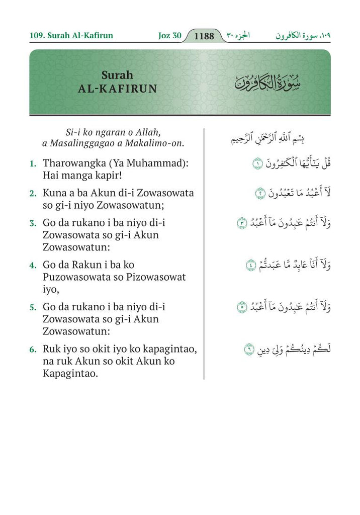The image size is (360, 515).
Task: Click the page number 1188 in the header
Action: (x=204, y=36)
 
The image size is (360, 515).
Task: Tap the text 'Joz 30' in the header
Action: (x=169, y=36)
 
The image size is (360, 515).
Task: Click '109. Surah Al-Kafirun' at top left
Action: (x=71, y=36)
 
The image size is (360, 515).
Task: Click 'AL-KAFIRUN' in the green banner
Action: (x=118, y=89)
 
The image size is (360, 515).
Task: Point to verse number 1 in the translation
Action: (x=32, y=164)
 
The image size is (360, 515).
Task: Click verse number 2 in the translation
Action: (x=32, y=193)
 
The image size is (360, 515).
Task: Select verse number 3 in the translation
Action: (x=32, y=222)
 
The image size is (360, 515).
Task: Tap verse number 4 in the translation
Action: (x=32, y=265)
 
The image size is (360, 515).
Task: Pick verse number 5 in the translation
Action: (x=32, y=307)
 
